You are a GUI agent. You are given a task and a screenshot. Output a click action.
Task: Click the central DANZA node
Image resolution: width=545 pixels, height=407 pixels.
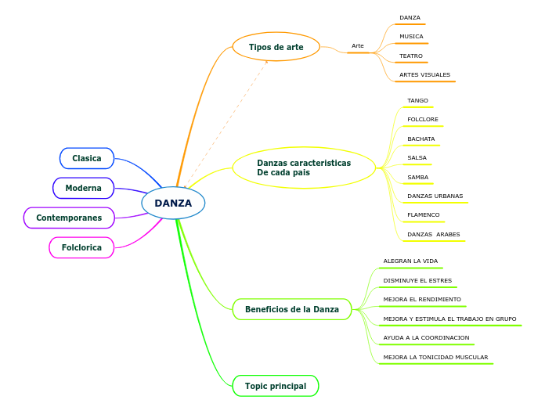pyautogui.click(x=173, y=203)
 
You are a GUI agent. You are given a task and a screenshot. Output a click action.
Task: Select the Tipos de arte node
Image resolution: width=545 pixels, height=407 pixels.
pyautogui.click(x=276, y=47)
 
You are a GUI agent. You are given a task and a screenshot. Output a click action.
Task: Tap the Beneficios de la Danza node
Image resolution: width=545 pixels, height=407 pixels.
pyautogui.click(x=292, y=309)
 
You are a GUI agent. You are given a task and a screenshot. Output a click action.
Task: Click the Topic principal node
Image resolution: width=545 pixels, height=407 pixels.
pyautogui.click(x=276, y=386)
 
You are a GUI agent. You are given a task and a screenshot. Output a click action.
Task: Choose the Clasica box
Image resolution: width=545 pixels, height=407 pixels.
pyautogui.click(x=87, y=158)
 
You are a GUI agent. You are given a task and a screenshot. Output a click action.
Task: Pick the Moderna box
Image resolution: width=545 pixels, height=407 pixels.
pyautogui.click(x=83, y=188)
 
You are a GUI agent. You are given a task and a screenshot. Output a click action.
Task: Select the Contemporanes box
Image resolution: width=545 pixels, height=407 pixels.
pyautogui.click(x=69, y=218)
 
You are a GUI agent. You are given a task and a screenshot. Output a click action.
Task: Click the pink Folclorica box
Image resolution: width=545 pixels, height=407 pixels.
pyautogui.click(x=81, y=247)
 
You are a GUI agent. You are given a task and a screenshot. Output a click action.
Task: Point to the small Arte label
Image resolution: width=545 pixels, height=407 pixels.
pyautogui.click(x=358, y=46)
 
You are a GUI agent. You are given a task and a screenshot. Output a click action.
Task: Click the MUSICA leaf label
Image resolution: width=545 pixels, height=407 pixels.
pyautogui.click(x=411, y=37)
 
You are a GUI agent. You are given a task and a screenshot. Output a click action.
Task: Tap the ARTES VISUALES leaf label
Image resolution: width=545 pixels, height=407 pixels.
pyautogui.click(x=424, y=75)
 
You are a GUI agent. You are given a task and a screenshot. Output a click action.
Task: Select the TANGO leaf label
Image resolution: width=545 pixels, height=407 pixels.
pyautogui.click(x=417, y=101)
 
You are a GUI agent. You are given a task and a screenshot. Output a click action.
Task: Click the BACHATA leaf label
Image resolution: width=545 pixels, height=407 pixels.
pyautogui.click(x=420, y=139)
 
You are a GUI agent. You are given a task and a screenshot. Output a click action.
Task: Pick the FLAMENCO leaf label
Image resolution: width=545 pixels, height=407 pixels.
pyautogui.click(x=424, y=214)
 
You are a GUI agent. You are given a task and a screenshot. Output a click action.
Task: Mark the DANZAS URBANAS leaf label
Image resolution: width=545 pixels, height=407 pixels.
pyautogui.click(x=435, y=196)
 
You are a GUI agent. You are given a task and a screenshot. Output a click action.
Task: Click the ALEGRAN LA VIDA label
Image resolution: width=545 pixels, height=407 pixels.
pyautogui.click(x=410, y=261)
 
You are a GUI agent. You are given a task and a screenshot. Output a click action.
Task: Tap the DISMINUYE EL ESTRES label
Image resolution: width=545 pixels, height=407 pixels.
pyautogui.click(x=417, y=280)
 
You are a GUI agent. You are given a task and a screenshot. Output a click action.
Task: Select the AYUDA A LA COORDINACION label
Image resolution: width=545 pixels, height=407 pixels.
pyautogui.click(x=426, y=338)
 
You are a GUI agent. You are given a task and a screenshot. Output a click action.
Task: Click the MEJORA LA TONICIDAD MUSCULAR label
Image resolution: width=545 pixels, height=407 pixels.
pyautogui.click(x=435, y=357)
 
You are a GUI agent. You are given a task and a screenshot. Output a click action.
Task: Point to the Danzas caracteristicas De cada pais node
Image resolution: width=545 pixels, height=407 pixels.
pyautogui.click(x=304, y=167)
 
